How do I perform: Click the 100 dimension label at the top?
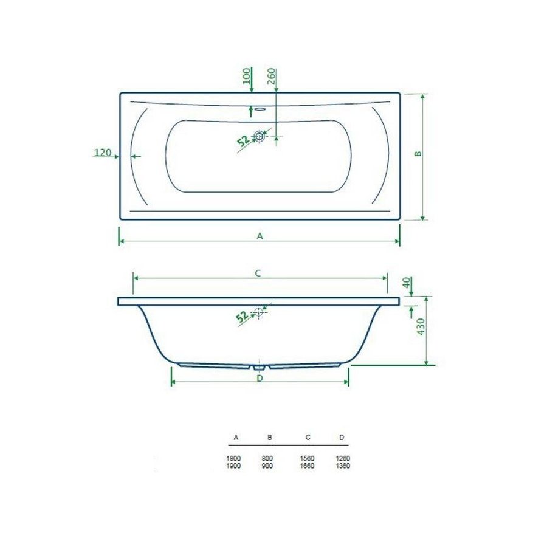(x=246, y=77)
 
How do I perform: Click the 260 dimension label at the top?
(x=272, y=77)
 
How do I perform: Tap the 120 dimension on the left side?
(x=103, y=152)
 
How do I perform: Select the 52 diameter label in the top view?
(x=243, y=141)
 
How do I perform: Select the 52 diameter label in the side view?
(x=241, y=316)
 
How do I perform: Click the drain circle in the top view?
(x=260, y=137)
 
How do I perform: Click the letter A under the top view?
(x=260, y=236)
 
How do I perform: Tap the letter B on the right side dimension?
(x=418, y=154)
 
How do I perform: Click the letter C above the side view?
(x=258, y=273)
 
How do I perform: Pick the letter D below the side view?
(x=260, y=378)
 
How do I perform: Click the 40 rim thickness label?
(x=407, y=283)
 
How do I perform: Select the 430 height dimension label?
(x=419, y=330)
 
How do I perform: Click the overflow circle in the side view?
(x=260, y=312)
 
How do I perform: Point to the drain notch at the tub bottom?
(x=260, y=367)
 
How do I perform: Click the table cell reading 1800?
(x=233, y=458)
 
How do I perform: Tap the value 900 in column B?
(x=268, y=466)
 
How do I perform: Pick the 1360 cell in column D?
(x=342, y=466)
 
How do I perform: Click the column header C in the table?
(x=308, y=438)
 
